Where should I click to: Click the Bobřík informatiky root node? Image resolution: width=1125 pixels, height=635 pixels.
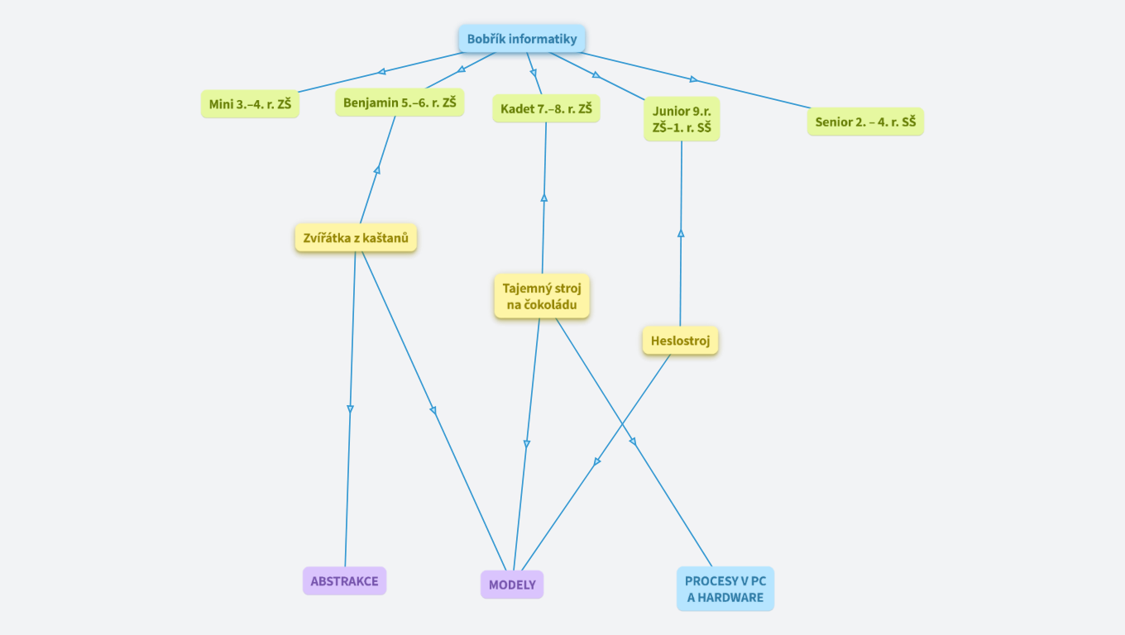(x=522, y=39)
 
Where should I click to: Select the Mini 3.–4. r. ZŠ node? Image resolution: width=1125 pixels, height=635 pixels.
(x=250, y=104)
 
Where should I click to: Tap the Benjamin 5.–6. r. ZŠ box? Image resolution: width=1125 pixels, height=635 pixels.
(x=400, y=103)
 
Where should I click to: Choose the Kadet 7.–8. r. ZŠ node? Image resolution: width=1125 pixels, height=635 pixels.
(x=546, y=108)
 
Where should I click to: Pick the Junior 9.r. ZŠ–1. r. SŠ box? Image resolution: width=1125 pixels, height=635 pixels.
(x=682, y=119)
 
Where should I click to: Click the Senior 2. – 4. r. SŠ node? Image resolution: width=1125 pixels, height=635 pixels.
(x=865, y=122)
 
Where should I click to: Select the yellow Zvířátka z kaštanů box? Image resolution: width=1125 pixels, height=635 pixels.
(x=356, y=238)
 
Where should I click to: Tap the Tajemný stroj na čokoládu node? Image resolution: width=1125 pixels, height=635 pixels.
(x=542, y=296)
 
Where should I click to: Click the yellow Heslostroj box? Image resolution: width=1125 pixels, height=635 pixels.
(x=680, y=340)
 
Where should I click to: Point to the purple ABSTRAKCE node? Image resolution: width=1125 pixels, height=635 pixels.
(x=344, y=580)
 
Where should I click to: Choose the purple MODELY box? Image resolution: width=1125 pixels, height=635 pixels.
(x=512, y=585)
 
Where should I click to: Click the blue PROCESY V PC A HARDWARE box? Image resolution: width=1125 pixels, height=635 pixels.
(x=725, y=589)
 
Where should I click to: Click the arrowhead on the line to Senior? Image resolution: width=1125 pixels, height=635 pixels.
(x=693, y=79)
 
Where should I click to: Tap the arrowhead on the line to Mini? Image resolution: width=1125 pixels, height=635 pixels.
(x=381, y=72)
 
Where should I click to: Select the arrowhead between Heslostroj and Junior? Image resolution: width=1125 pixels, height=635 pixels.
(x=681, y=233)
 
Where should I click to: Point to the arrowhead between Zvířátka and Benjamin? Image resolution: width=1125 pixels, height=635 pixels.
(x=377, y=169)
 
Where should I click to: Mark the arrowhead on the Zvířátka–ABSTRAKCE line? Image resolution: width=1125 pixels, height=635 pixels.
(x=350, y=408)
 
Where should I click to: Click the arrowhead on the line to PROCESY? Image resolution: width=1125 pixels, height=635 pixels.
(x=633, y=442)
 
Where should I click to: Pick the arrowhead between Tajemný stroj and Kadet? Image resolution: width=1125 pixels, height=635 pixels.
(x=544, y=198)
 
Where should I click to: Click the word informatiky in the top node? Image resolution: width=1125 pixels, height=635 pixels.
(x=543, y=39)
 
